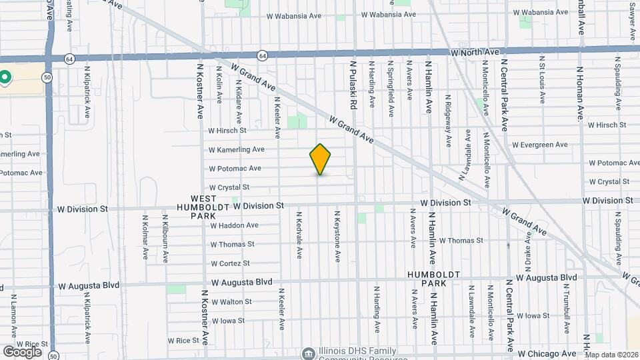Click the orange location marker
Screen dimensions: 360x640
(321, 159)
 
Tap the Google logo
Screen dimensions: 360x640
(22, 351)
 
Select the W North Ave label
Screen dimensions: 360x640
(475, 51)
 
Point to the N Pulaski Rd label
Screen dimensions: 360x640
(355, 85)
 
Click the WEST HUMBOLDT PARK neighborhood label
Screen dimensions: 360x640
(203, 207)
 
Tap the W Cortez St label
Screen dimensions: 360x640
(230, 263)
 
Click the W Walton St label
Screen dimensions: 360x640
(231, 302)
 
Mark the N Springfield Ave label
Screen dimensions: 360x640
(391, 85)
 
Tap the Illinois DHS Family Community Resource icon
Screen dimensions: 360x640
(308, 352)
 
